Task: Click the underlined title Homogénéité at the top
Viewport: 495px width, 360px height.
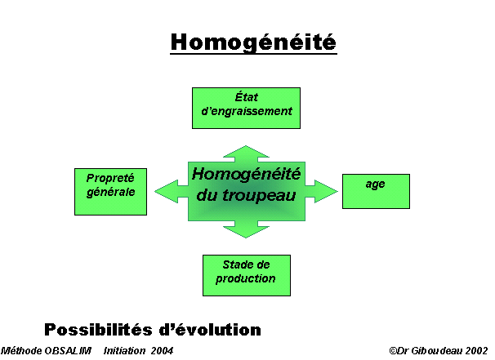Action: (x=253, y=42)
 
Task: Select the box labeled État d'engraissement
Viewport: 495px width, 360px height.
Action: (x=246, y=109)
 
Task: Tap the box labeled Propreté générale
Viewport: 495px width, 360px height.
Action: (x=110, y=192)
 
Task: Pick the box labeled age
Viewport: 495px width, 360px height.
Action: (x=376, y=191)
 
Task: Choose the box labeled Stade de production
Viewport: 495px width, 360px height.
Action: (x=247, y=275)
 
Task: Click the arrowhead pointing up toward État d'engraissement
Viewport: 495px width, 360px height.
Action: (x=246, y=152)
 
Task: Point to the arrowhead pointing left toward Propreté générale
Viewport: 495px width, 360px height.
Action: (x=167, y=191)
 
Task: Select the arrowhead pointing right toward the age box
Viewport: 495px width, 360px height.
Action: (x=326, y=191)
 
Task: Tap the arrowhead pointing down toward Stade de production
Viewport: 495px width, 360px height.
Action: (x=246, y=232)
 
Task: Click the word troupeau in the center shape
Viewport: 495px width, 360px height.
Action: (x=259, y=196)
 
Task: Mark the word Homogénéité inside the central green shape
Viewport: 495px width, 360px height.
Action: (x=246, y=174)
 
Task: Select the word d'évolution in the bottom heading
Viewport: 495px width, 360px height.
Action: (x=210, y=330)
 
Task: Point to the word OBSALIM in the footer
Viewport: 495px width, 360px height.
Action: (x=68, y=350)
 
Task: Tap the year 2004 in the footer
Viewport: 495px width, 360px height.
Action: (x=162, y=350)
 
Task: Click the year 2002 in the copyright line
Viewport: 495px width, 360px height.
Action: (x=476, y=350)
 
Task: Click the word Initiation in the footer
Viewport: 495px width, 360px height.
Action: (x=125, y=350)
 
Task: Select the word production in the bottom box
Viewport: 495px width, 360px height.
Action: (x=246, y=279)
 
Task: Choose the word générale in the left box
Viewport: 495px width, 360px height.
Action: (x=111, y=193)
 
